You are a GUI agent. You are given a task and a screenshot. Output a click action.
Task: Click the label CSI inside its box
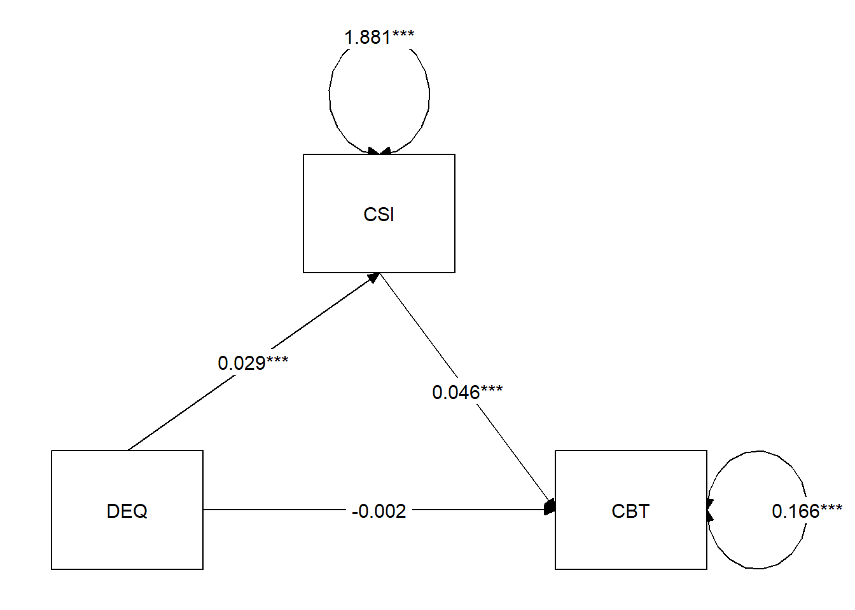pyautogui.click(x=379, y=215)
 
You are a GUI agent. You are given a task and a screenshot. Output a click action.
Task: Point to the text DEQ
pyautogui.click(x=127, y=512)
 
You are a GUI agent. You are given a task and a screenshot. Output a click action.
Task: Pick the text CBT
pyautogui.click(x=630, y=512)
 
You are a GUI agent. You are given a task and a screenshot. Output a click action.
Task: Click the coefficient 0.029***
pyautogui.click(x=253, y=363)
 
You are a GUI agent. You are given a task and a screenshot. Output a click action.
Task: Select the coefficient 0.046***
pyautogui.click(x=467, y=393)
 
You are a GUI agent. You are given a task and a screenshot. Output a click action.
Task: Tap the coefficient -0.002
pyautogui.click(x=379, y=512)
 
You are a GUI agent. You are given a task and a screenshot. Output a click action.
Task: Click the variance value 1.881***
pyautogui.click(x=379, y=37)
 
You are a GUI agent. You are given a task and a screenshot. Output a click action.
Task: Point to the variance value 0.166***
pyautogui.click(x=807, y=512)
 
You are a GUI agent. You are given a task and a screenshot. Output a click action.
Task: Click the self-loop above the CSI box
pyautogui.click(x=331, y=95)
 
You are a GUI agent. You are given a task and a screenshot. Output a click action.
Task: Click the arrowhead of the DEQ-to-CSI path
pyautogui.click(x=374, y=277)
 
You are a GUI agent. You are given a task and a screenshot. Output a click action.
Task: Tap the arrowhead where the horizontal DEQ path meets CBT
pyautogui.click(x=550, y=508)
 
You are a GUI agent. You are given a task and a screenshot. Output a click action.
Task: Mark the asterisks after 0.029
pyautogui.click(x=277, y=360)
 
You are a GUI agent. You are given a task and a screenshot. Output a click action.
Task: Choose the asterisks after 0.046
pyautogui.click(x=492, y=390)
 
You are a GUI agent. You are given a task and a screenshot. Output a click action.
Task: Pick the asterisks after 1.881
pyautogui.click(x=403, y=34)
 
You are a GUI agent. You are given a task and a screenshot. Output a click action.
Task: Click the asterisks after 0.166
pyautogui.click(x=831, y=508)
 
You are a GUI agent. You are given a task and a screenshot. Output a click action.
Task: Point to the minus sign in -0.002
pyautogui.click(x=355, y=512)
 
